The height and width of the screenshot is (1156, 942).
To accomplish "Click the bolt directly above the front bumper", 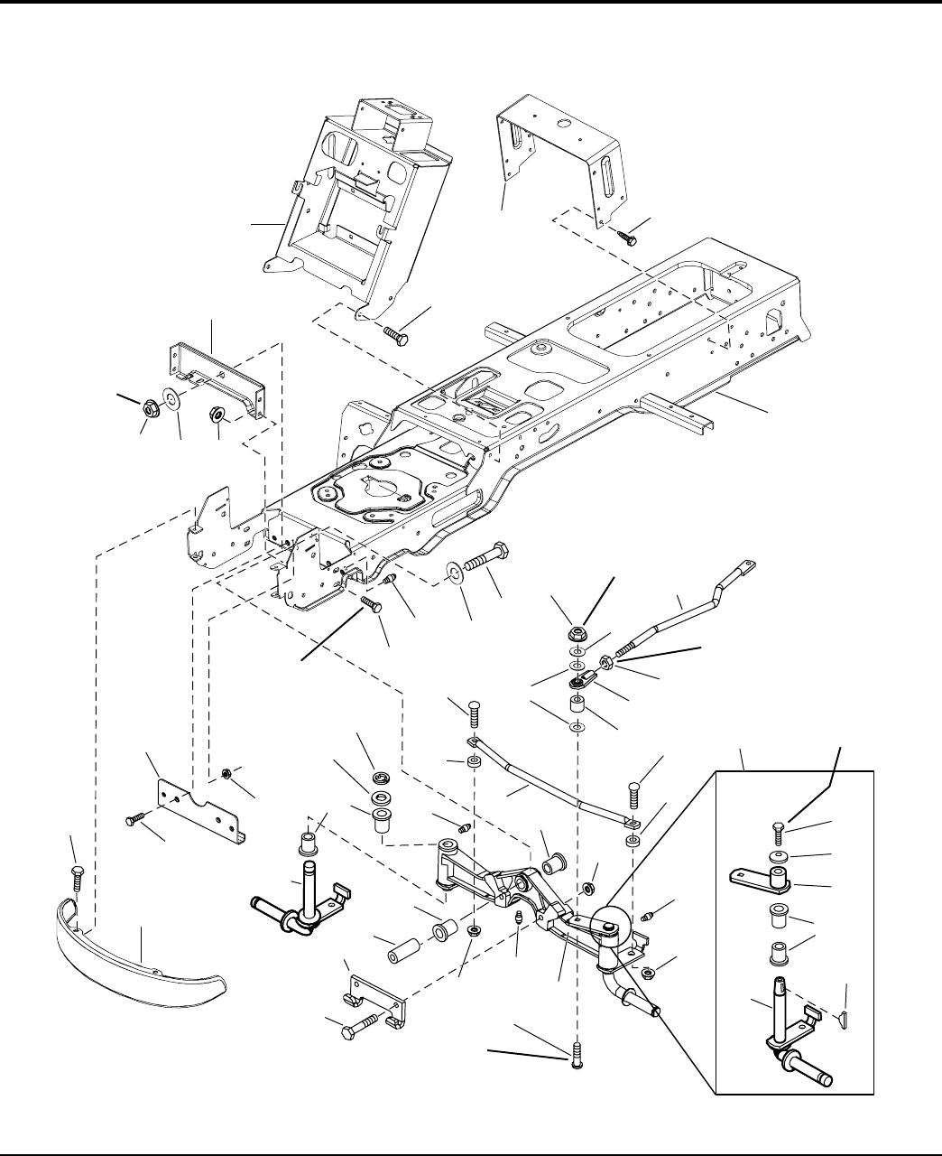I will tap(76, 875).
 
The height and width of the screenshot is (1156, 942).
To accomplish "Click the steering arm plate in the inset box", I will tap(762, 877).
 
